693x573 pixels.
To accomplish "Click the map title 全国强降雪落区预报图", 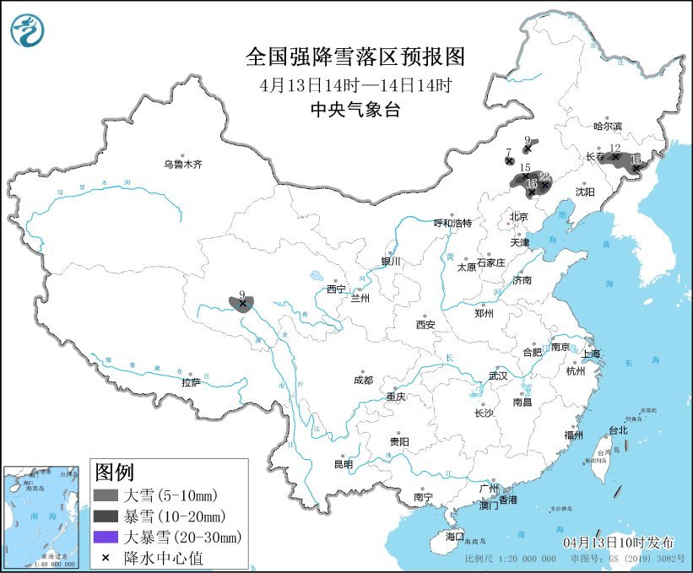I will click(x=355, y=57).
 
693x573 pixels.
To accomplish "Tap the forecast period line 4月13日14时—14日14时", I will click(x=355, y=84).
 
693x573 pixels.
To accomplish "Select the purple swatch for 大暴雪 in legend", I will click(x=106, y=537).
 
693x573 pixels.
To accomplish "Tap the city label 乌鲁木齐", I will click(x=183, y=165).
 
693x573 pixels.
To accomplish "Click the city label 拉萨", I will click(x=191, y=382).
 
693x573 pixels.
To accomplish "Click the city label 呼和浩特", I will click(x=452, y=224).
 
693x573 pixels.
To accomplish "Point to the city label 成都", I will click(x=364, y=380).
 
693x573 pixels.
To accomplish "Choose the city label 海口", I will click(x=454, y=536).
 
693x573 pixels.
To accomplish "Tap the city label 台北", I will click(x=618, y=430).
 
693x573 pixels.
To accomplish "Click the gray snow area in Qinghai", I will click(x=242, y=304).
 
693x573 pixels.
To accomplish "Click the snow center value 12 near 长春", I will click(x=614, y=149).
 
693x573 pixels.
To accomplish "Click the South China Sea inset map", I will click(x=44, y=515).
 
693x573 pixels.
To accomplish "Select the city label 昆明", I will click(x=343, y=463).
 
